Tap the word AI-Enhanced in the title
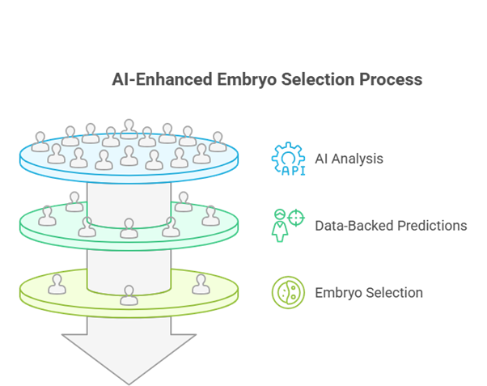(162, 80)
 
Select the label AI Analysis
(349, 159)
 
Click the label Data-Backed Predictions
(391, 225)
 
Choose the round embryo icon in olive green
(288, 292)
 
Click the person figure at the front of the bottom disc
(129, 295)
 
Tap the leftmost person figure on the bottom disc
(57, 284)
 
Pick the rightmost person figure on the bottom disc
(201, 284)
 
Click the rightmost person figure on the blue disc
(218, 142)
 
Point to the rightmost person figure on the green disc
(210, 214)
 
